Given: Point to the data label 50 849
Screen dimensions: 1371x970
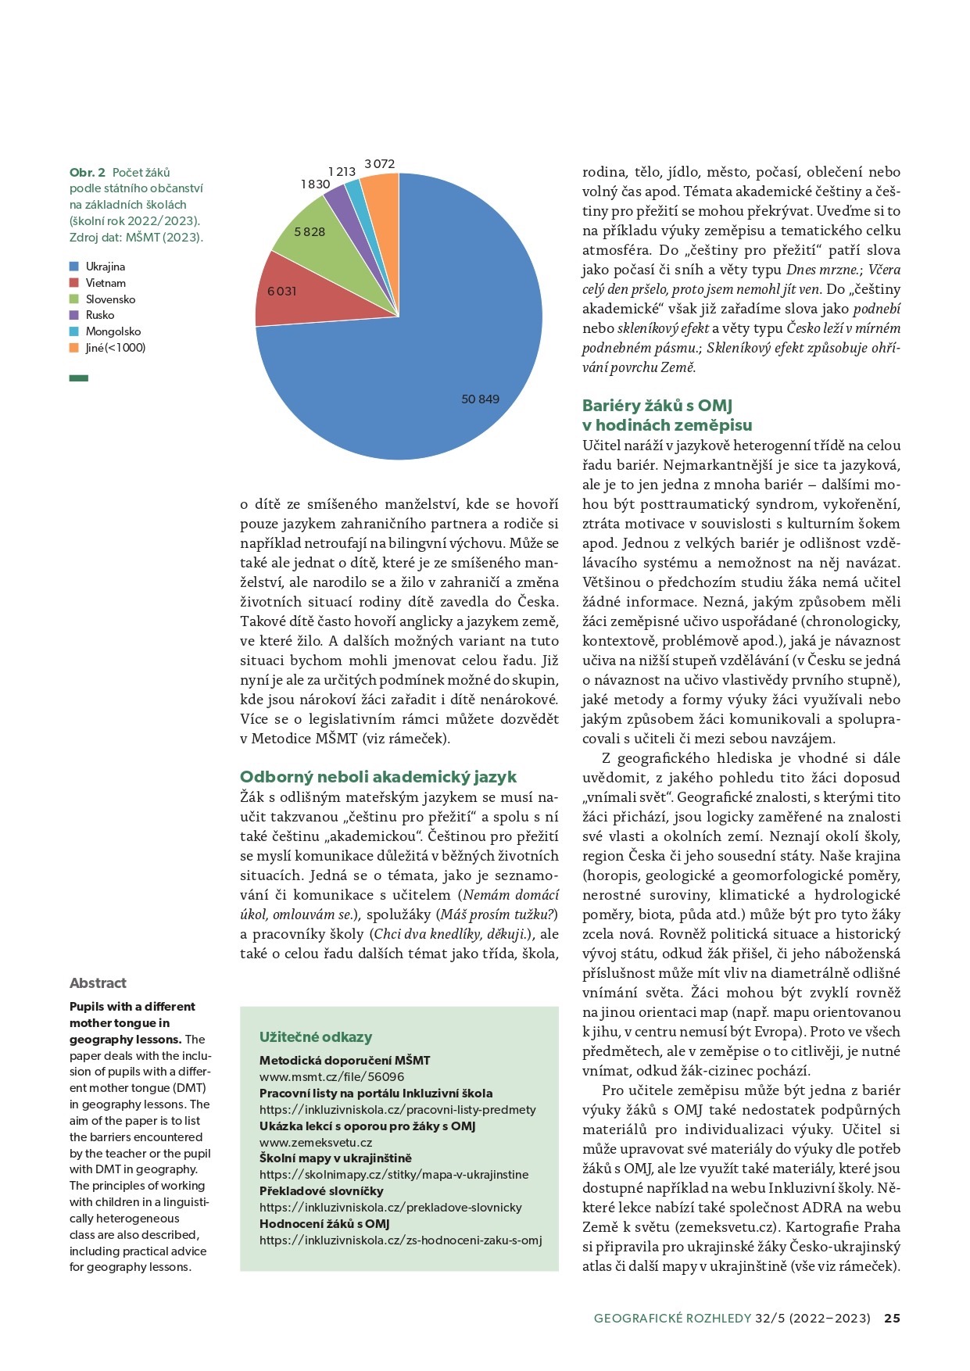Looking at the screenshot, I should coord(480,399).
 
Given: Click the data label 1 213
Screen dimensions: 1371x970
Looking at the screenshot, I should coord(342,171).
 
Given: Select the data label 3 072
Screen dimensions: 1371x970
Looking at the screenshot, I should coord(380,163).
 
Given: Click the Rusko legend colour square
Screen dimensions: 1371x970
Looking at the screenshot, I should coord(74,315).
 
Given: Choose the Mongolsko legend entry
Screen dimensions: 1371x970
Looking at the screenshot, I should coord(113,331).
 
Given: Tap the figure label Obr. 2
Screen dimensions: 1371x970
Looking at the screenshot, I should coord(87,172).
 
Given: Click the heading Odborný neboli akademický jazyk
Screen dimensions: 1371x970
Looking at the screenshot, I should coord(378,777).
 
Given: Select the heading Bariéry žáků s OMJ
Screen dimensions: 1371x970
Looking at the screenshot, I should coord(657,406).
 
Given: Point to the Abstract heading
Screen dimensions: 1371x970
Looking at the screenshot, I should coord(98,983).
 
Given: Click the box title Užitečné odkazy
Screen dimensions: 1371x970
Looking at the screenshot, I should coord(316,1037).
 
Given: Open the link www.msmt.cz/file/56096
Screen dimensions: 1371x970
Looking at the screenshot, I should coord(332,1076).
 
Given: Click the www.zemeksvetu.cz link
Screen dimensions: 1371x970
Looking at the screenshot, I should coord(316,1142).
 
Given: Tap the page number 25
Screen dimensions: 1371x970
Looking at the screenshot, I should coord(892,1318).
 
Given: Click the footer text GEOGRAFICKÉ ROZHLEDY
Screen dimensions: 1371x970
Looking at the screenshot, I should coord(672,1318).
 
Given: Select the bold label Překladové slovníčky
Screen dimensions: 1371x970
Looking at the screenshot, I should coord(321,1191).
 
